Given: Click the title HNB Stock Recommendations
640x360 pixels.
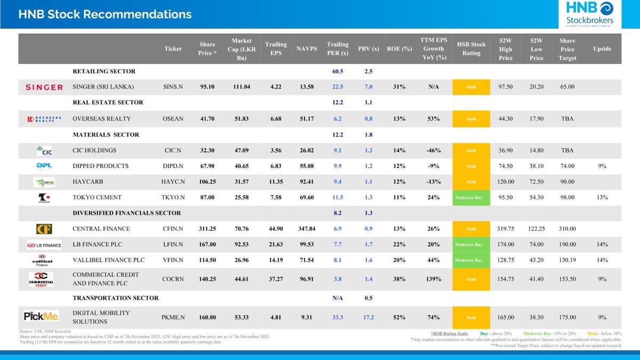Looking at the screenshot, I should [105, 14].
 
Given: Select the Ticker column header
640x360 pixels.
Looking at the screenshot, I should [173, 49].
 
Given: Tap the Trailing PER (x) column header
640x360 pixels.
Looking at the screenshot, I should [337, 49].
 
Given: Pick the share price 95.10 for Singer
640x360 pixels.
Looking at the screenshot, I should [207, 87].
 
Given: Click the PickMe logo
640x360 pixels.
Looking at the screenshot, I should [41, 317].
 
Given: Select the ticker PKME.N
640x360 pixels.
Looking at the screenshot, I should [173, 317].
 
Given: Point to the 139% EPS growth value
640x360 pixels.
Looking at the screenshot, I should [433, 279].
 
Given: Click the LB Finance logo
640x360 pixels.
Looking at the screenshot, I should [41, 245].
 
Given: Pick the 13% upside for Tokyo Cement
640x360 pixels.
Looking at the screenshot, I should [602, 197].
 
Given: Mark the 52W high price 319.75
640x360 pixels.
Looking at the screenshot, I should [506, 229].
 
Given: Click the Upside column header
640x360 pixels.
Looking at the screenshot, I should [602, 49].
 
